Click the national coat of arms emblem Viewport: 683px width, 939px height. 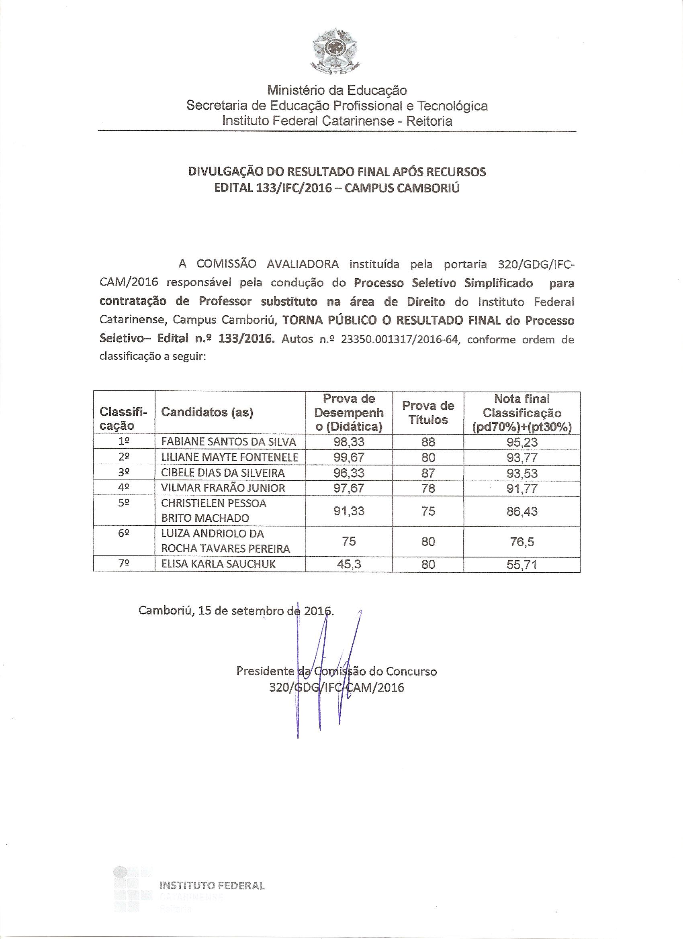click(337, 52)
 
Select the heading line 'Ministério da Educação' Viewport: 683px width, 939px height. click(337, 90)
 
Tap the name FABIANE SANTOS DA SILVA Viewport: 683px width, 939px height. click(229, 442)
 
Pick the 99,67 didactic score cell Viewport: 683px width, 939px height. click(349, 457)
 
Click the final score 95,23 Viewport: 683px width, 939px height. click(522, 442)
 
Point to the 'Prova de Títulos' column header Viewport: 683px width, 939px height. click(428, 412)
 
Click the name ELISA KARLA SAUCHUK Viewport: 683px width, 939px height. click(218, 564)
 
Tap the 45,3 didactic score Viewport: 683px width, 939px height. click(349, 564)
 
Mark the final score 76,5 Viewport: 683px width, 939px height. click(522, 541)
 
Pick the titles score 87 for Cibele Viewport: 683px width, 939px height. click(428, 472)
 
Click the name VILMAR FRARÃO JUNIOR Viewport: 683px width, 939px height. click(223, 488)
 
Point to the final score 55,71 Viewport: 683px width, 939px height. click(522, 564)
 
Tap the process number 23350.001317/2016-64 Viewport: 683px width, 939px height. click(399, 340)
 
